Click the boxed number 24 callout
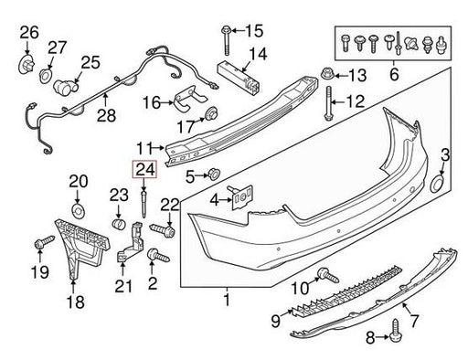point(144,169)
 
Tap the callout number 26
point(29,33)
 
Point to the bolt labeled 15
point(226,41)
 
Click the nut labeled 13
point(328,74)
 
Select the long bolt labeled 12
point(328,103)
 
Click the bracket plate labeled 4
point(242,197)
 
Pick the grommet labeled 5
point(213,175)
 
